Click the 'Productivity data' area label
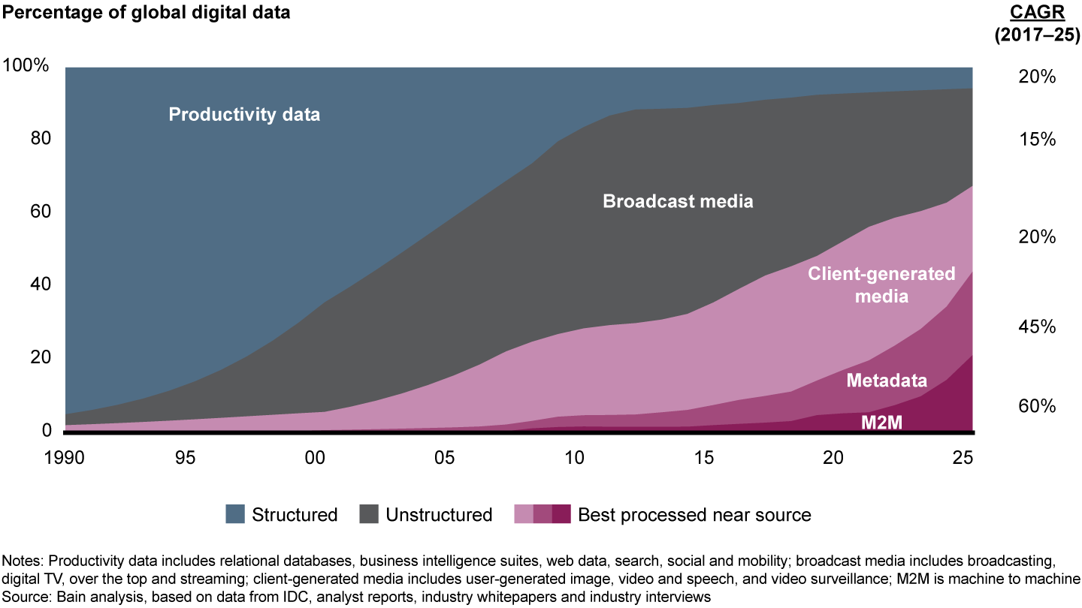[x=244, y=115]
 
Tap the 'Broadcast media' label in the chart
[x=678, y=201]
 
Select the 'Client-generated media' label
[x=881, y=284]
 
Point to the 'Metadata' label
[x=887, y=381]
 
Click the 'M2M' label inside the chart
[x=881, y=422]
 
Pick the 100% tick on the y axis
[x=26, y=66]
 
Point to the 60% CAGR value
[x=1038, y=406]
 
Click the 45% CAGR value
[x=1038, y=327]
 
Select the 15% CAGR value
[x=1038, y=140]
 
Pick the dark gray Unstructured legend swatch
[x=368, y=514]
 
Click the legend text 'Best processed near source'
[x=694, y=515]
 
